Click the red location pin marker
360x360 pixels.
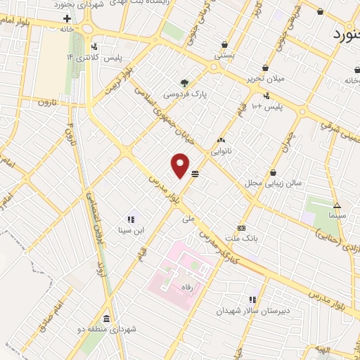pyautogui.click(x=181, y=166)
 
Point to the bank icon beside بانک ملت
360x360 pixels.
pyautogui.click(x=241, y=228)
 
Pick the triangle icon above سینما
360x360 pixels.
pyautogui.click(x=337, y=206)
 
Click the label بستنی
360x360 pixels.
pyautogui.click(x=224, y=54)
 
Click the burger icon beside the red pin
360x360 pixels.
pyautogui.click(x=195, y=173)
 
